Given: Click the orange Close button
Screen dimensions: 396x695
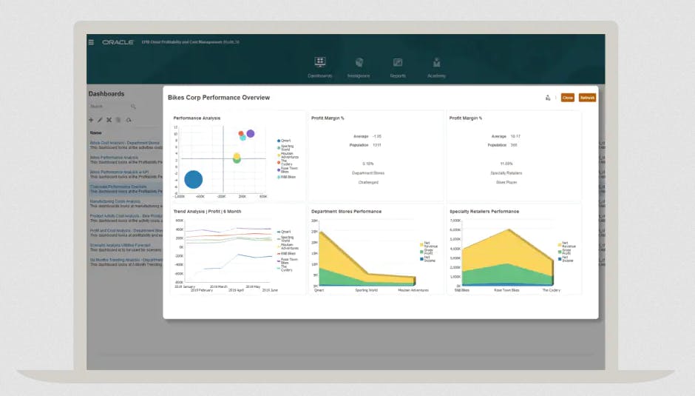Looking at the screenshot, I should (567, 98).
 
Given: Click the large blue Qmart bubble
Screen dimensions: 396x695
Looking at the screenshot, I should (193, 179).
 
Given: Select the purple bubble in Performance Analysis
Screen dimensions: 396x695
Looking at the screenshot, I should (251, 133).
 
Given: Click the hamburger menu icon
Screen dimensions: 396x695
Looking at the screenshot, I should (91, 42).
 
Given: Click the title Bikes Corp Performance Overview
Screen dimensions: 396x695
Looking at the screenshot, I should (219, 98).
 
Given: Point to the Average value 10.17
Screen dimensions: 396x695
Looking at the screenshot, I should (516, 136).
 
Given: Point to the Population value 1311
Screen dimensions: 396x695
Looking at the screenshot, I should (377, 145).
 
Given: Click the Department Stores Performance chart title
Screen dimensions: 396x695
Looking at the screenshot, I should (346, 212).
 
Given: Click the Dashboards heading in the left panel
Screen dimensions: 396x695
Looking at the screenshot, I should (106, 94).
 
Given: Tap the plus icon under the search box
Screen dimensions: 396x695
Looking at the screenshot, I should (91, 120).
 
